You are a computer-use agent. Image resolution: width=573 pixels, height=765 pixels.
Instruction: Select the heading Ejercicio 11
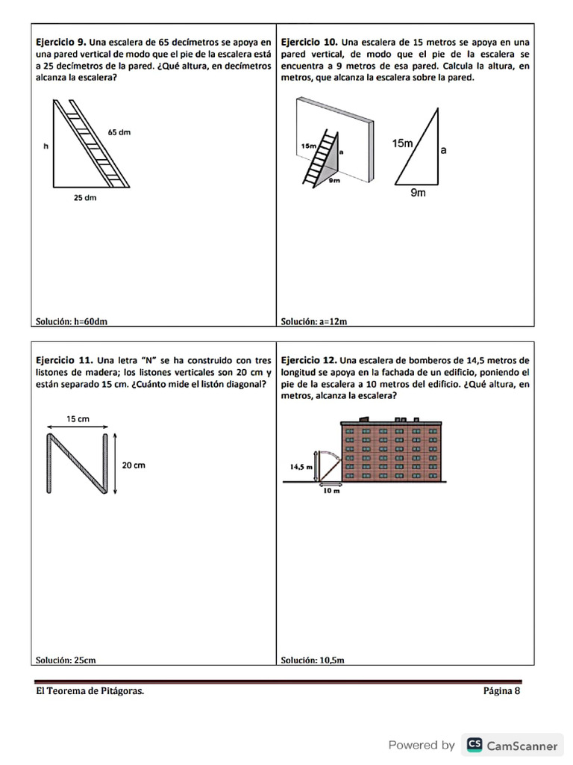[x=63, y=359]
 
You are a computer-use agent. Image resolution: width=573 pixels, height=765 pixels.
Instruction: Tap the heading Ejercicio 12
[x=309, y=359]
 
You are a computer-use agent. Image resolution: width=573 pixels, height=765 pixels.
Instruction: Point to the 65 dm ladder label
[x=119, y=132]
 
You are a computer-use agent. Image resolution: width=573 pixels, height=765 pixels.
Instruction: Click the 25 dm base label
[x=84, y=199]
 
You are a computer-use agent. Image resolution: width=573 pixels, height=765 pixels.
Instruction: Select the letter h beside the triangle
[x=46, y=147]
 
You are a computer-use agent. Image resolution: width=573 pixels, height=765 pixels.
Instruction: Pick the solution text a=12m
[x=314, y=322]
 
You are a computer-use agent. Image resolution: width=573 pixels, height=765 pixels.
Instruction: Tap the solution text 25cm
[x=66, y=660]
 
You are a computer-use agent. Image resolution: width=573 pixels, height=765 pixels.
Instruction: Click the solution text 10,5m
[x=312, y=660]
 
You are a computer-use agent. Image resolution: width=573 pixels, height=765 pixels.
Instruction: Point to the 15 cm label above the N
[x=78, y=419]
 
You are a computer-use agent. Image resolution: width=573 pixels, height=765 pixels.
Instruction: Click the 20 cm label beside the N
[x=134, y=465]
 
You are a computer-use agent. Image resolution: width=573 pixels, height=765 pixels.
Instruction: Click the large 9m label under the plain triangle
[x=418, y=193]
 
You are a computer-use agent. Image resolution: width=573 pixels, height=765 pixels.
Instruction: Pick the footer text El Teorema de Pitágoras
[x=90, y=691]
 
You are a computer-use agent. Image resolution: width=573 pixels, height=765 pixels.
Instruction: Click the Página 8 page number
[x=501, y=691]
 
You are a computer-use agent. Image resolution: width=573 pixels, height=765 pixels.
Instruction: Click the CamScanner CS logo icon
[x=474, y=745]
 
